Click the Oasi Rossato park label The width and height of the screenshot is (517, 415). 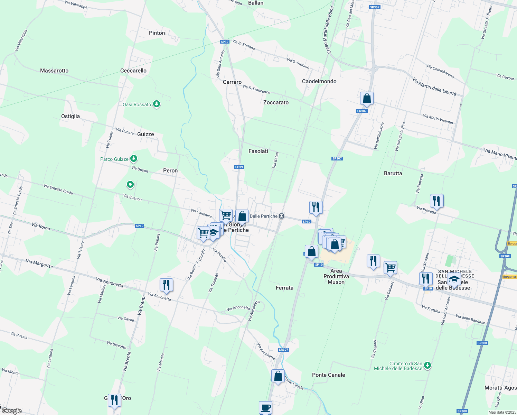coord(137,104)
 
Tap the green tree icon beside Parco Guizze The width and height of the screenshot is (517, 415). coord(134,159)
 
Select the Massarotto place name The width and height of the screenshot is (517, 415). coord(54,71)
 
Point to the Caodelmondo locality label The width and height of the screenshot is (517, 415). coord(319,81)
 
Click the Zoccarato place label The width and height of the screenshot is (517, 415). coord(276,102)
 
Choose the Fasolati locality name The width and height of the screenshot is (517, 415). coord(258,151)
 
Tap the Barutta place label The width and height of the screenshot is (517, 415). coord(393,173)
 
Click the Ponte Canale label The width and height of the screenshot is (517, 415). coord(328,375)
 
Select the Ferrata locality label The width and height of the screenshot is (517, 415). coord(284,288)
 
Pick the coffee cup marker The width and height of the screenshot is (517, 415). coord(265,407)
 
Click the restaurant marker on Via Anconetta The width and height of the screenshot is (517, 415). coord(166,285)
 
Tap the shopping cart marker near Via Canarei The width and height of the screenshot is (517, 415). coord(390,267)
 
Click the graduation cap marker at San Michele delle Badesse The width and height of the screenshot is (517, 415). coord(454,279)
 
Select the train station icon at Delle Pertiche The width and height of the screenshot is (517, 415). coord(282,216)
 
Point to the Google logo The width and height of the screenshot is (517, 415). coord(12,411)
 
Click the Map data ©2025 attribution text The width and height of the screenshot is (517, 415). coord(502,412)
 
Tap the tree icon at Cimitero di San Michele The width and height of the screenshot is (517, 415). coord(427,365)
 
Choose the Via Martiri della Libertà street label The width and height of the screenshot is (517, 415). coord(434,86)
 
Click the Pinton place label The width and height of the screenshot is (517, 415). coord(157,33)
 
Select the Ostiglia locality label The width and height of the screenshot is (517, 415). coord(70,116)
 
